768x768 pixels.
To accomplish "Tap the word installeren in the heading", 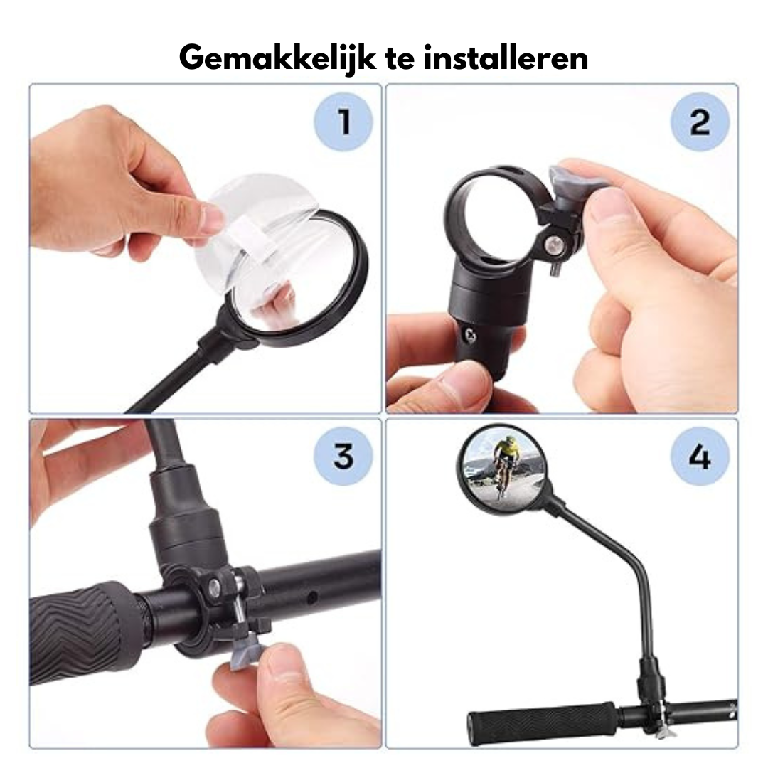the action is [506, 58].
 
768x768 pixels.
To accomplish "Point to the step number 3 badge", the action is [343, 457].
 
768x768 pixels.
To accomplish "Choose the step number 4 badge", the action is [700, 457].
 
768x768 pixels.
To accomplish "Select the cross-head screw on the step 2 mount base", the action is [471, 334].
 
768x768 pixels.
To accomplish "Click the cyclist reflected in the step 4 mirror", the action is [504, 464].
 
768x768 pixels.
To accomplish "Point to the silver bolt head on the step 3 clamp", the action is [215, 584].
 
